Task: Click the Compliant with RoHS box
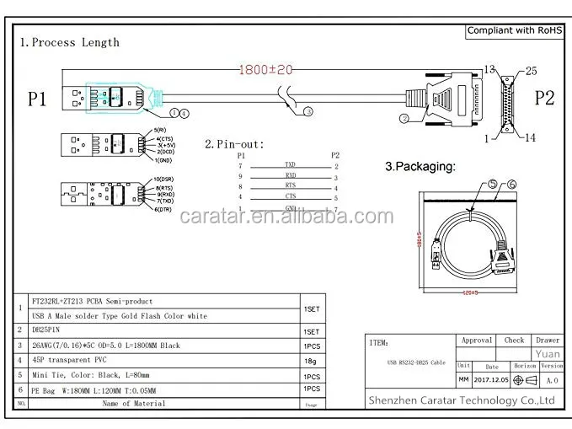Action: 514,31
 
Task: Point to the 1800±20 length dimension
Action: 267,71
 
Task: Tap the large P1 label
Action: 37,99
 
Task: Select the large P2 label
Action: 544,98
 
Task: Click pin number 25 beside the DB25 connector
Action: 531,71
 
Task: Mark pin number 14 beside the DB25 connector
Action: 531,137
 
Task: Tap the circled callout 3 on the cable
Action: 308,110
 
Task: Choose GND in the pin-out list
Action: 290,208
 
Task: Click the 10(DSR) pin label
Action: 164,180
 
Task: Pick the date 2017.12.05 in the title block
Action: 492,380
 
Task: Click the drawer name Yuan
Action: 548,354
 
